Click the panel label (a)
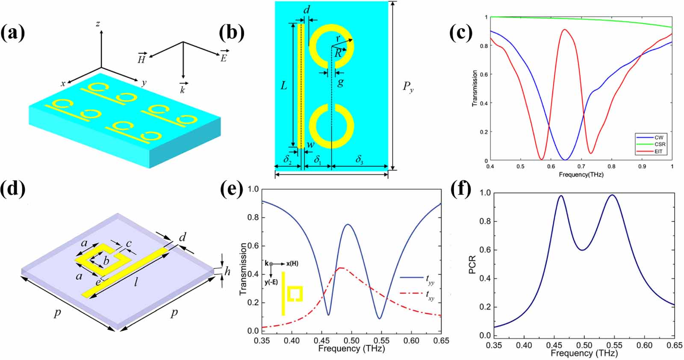pos(13,32)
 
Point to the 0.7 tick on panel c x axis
pos(581,166)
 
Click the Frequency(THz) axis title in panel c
pos(581,174)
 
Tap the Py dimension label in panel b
pos(408,87)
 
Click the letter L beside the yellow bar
pos(284,86)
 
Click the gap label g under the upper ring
pos(340,82)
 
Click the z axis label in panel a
pos(98,24)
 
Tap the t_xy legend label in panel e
pos(430,295)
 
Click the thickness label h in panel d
pos(227,271)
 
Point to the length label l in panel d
pos(136,282)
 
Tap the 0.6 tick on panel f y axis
pos(485,250)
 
